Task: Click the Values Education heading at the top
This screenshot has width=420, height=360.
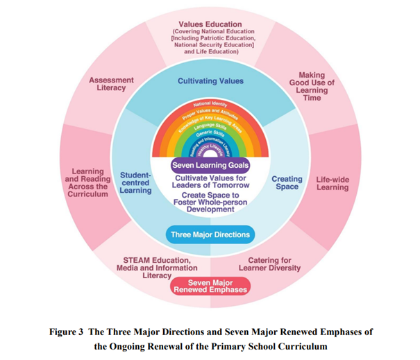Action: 210,25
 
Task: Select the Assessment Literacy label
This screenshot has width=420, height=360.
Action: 111,84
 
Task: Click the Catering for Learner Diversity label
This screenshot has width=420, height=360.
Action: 273,264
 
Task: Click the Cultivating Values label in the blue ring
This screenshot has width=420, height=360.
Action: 210,81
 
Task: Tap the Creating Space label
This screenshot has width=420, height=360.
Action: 287,182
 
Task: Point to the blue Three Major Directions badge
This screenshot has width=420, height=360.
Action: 210,234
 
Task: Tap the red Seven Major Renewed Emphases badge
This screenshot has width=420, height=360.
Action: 210,286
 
